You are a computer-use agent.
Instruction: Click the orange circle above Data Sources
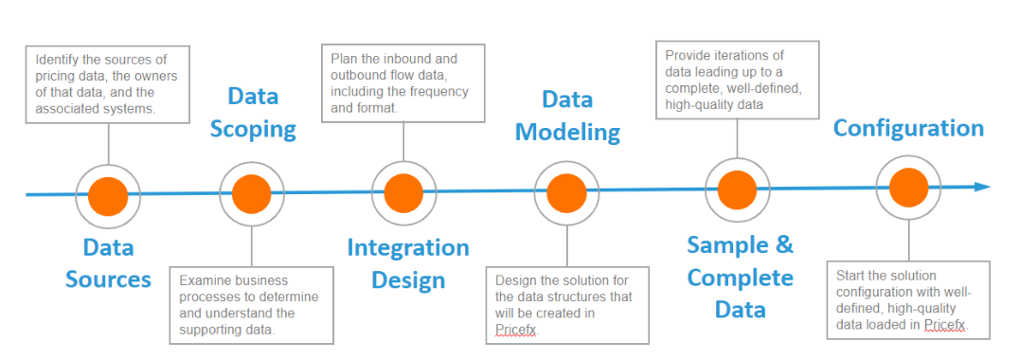tap(108, 195)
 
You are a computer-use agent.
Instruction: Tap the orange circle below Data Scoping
tap(252, 194)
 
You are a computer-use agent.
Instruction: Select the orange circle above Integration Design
tap(403, 193)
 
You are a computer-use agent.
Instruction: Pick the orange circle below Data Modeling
tap(566, 193)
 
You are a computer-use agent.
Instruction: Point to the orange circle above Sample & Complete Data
tap(737, 189)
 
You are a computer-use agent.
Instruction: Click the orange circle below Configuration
tap(908, 188)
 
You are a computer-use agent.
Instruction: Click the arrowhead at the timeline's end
tap(982, 188)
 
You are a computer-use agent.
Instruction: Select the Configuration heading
tap(908, 128)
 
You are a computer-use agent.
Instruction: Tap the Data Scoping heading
tap(253, 113)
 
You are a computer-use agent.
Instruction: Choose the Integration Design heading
tap(408, 263)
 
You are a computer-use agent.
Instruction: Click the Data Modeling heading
tap(567, 116)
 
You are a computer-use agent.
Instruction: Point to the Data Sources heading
tap(108, 263)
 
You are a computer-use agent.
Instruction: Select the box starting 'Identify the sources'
tap(108, 83)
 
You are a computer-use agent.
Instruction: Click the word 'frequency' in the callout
tap(441, 92)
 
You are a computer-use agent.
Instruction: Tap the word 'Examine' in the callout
tap(202, 280)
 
